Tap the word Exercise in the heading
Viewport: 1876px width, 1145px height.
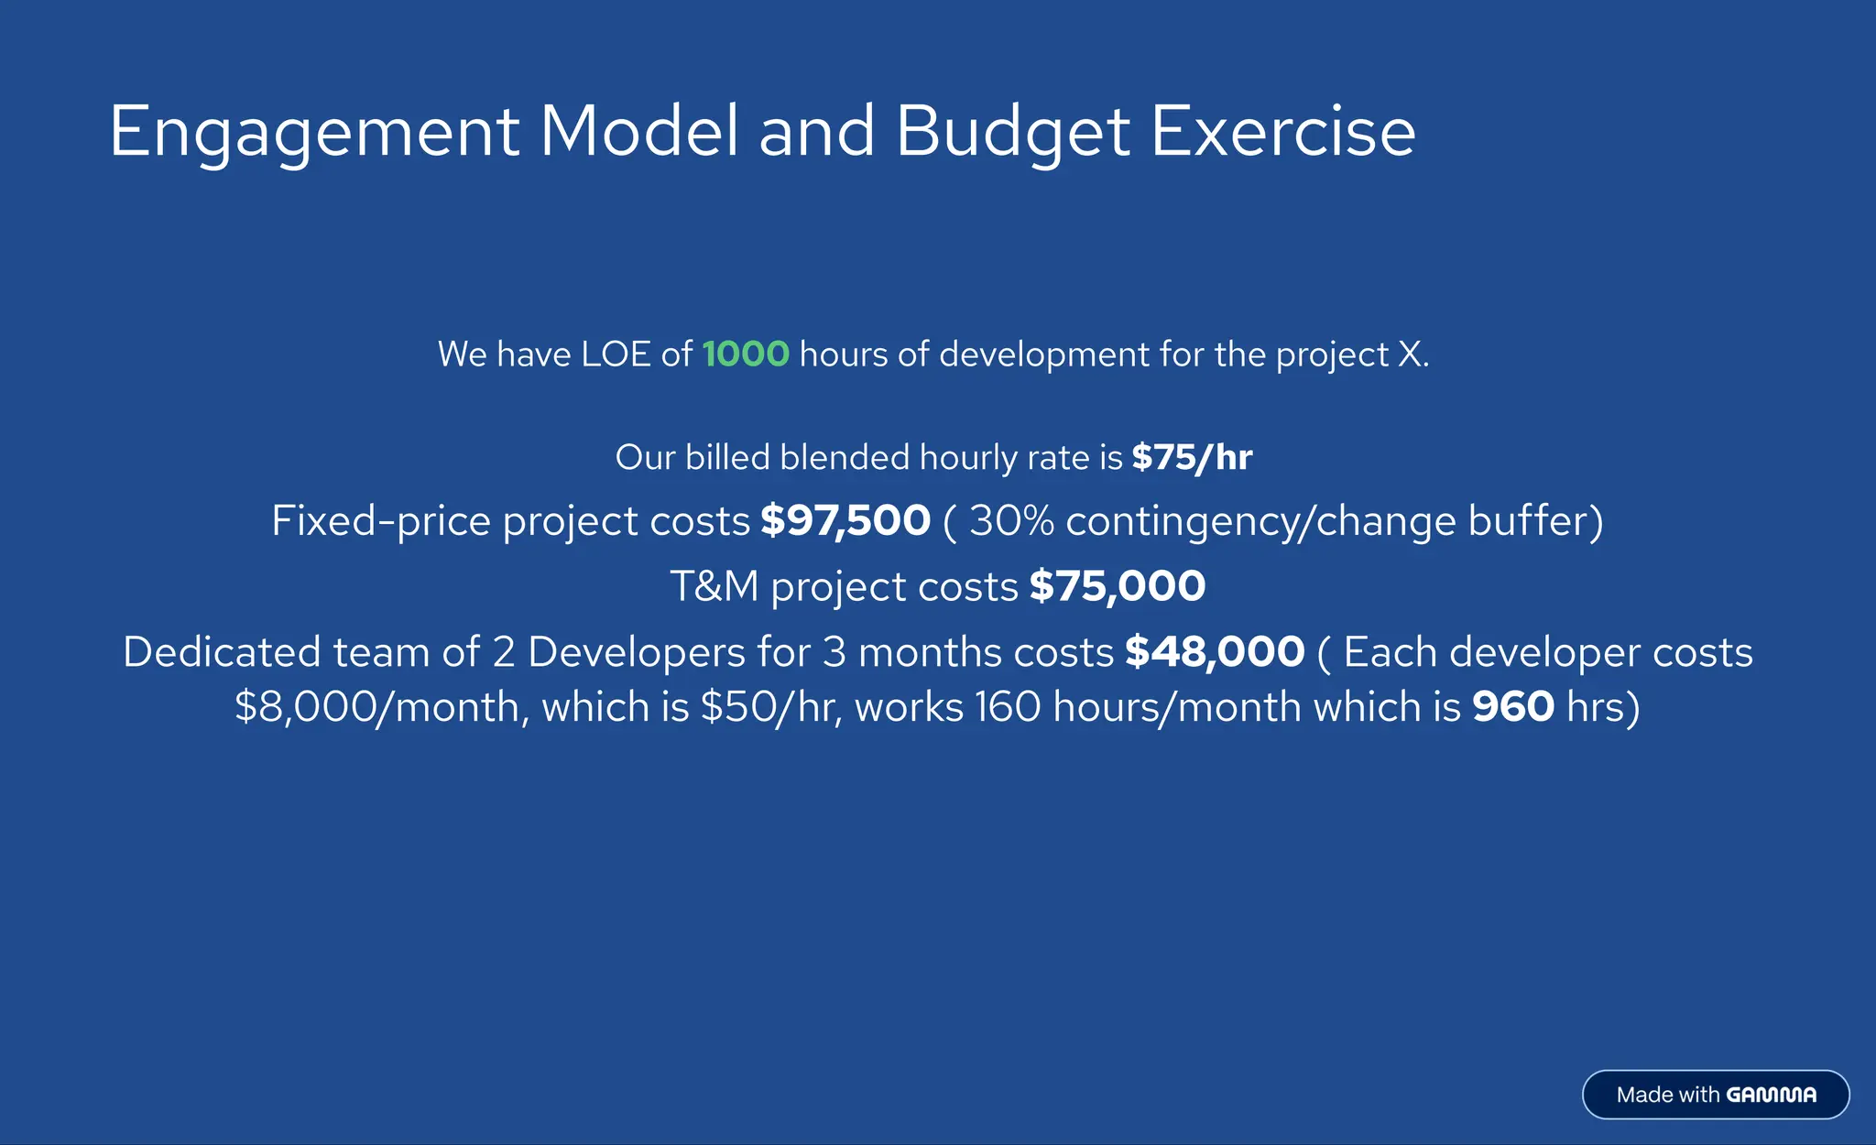pyautogui.click(x=1282, y=131)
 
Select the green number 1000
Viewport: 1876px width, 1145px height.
pyautogui.click(x=746, y=354)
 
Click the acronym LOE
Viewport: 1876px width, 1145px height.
pyautogui.click(x=616, y=354)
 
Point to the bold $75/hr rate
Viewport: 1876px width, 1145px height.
pyautogui.click(x=1192, y=457)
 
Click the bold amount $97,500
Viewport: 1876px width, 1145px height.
pyautogui.click(x=845, y=521)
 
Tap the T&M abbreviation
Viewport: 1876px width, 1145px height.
pyautogui.click(x=714, y=586)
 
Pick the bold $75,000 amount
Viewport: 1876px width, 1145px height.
pyautogui.click(x=1117, y=586)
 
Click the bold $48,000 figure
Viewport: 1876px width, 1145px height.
pyautogui.click(x=1215, y=652)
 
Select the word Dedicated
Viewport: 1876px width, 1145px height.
pyautogui.click(x=222, y=652)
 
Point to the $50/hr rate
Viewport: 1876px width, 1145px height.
pyautogui.click(x=769, y=707)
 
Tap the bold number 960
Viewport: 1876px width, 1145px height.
pyautogui.click(x=1512, y=707)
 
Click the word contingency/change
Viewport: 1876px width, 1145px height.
pyautogui.click(x=1260, y=521)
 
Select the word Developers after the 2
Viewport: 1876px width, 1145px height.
pyautogui.click(x=637, y=652)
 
